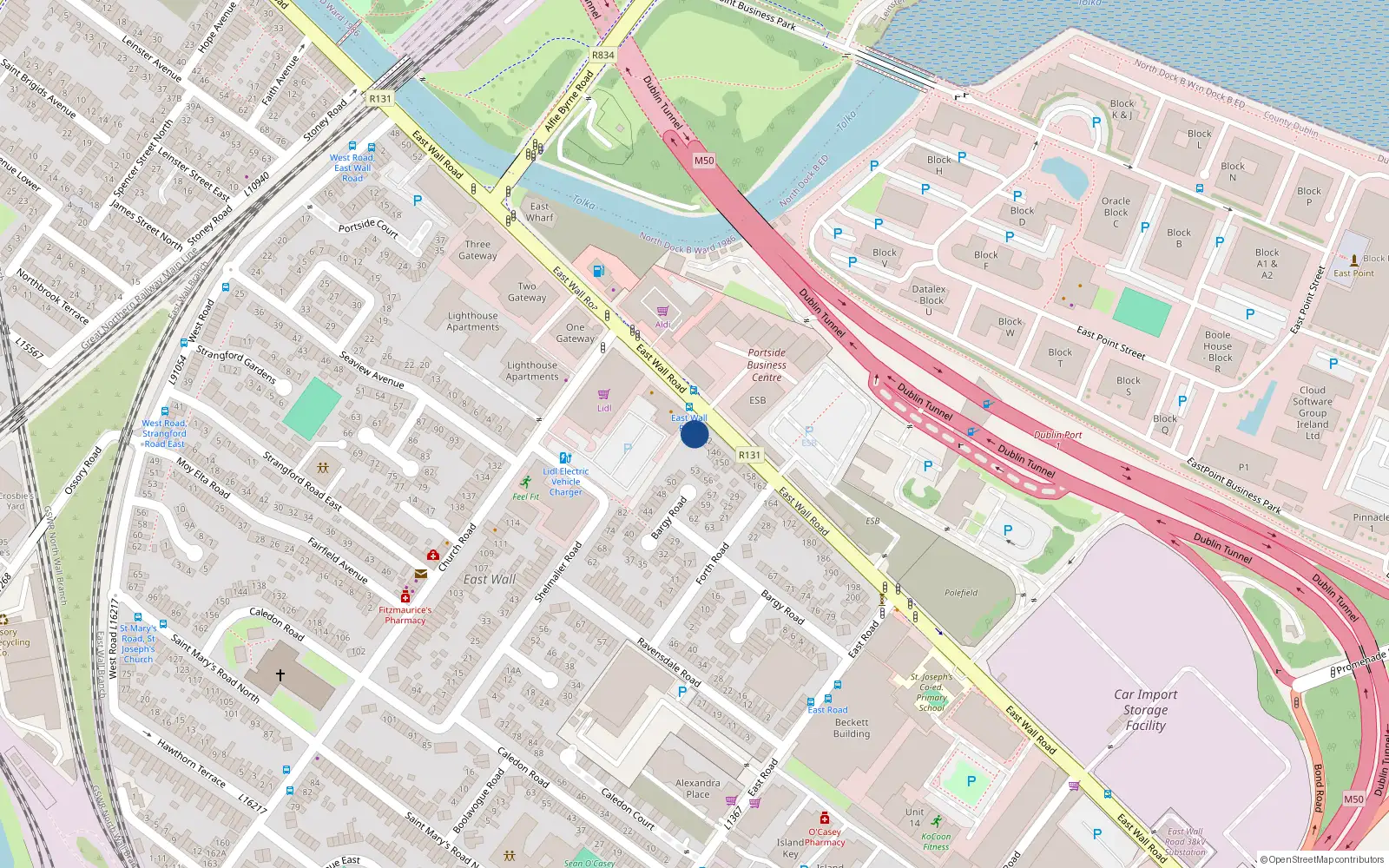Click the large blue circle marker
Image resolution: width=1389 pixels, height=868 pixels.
(x=694, y=434)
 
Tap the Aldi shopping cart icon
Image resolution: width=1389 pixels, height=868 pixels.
(x=662, y=311)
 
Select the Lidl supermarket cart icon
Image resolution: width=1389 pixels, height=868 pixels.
(x=603, y=394)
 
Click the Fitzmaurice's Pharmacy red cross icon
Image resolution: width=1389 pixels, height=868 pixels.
(x=405, y=596)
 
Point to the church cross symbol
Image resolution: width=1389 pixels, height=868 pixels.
(x=280, y=674)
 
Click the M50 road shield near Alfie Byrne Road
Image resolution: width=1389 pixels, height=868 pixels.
(x=703, y=161)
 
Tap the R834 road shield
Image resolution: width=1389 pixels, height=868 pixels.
(x=602, y=55)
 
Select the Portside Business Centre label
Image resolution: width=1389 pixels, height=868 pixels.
(x=767, y=365)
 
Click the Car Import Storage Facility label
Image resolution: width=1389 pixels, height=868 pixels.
(x=1145, y=709)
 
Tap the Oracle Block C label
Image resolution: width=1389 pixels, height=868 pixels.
(x=1116, y=212)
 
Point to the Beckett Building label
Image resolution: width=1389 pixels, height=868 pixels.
(x=851, y=727)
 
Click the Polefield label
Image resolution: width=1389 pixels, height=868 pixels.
(x=961, y=593)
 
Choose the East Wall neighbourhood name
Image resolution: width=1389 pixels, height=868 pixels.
(x=490, y=579)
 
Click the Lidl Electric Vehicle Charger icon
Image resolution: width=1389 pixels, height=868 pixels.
(x=565, y=458)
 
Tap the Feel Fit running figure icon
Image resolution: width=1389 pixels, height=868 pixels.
(x=525, y=482)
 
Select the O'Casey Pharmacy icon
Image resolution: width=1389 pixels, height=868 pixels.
(x=824, y=818)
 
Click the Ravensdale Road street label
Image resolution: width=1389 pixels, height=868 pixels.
(x=668, y=662)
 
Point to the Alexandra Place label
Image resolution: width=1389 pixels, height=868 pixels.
(x=697, y=788)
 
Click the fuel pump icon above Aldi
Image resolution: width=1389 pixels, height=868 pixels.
(x=597, y=271)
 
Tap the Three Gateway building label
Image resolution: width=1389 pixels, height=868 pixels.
(x=477, y=250)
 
